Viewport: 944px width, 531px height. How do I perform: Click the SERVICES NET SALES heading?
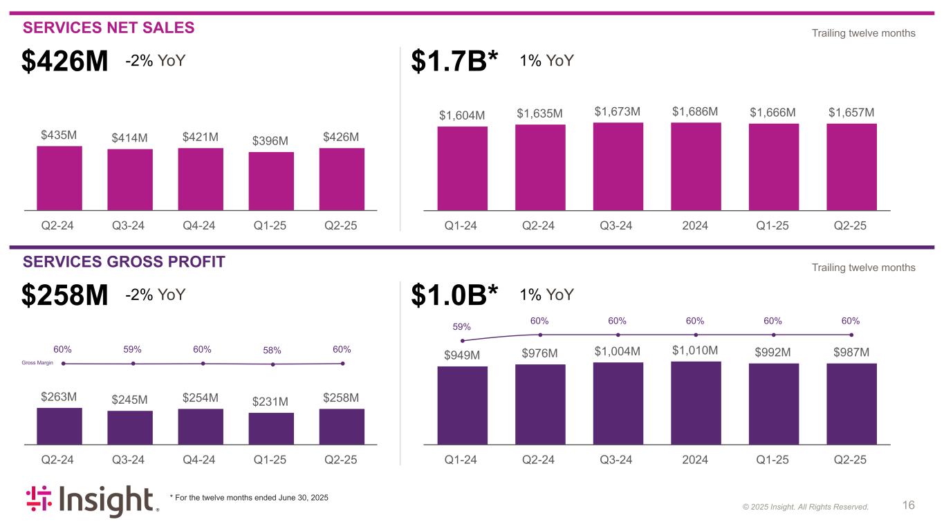[109, 28]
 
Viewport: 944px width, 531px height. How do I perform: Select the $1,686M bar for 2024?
[696, 166]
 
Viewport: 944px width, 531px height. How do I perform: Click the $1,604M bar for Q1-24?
[462, 168]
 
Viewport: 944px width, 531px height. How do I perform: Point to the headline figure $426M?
[65, 62]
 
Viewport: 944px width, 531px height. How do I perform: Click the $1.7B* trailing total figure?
[454, 62]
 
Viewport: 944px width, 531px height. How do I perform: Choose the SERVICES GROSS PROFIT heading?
[124, 262]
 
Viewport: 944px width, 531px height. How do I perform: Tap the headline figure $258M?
[65, 296]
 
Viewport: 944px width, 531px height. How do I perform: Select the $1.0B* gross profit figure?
[454, 296]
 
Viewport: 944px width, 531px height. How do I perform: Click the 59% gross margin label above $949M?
[462, 326]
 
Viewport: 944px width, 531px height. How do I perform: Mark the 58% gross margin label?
[272, 351]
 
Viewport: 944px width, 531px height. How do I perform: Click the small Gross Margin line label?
[38, 363]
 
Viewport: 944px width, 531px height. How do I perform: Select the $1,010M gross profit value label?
[695, 351]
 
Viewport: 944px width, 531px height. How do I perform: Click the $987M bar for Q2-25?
[851, 404]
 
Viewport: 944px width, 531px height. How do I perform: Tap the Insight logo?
[92, 501]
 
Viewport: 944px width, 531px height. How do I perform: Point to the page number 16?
[909, 505]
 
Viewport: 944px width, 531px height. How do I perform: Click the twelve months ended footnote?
[249, 498]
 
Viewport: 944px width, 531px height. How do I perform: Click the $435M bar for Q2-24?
[59, 178]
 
